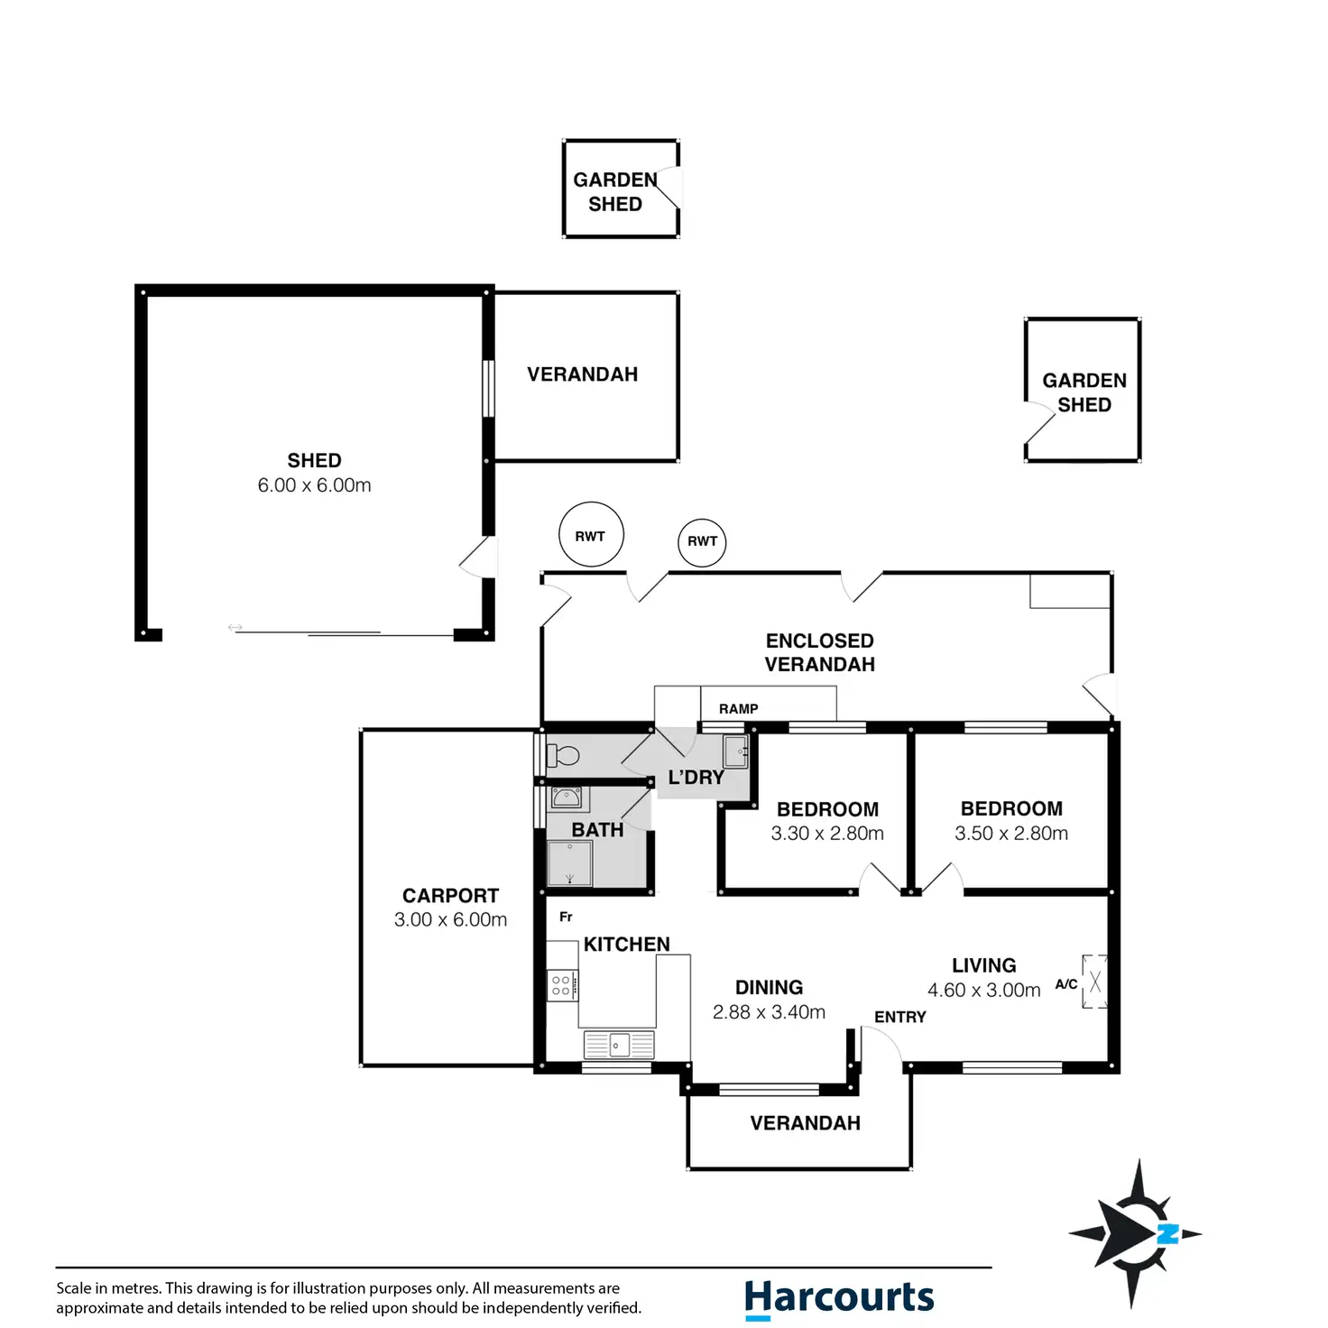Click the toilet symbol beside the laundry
[x=562, y=755]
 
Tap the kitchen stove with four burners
[x=562, y=985]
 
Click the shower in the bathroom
[x=569, y=862]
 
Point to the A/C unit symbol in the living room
[x=1094, y=982]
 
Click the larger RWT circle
[x=591, y=535]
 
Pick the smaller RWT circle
[x=702, y=542]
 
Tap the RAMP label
[x=738, y=708]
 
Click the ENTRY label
[x=900, y=1017]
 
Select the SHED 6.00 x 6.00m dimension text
[x=314, y=485]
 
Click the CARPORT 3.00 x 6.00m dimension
[x=450, y=919]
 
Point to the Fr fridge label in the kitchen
[x=566, y=917]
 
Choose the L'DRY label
[x=696, y=778]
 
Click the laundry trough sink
[x=735, y=752]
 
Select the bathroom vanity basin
[x=566, y=798]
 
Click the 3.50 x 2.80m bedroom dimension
[x=1011, y=834]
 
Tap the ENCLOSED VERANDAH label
[x=819, y=652]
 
